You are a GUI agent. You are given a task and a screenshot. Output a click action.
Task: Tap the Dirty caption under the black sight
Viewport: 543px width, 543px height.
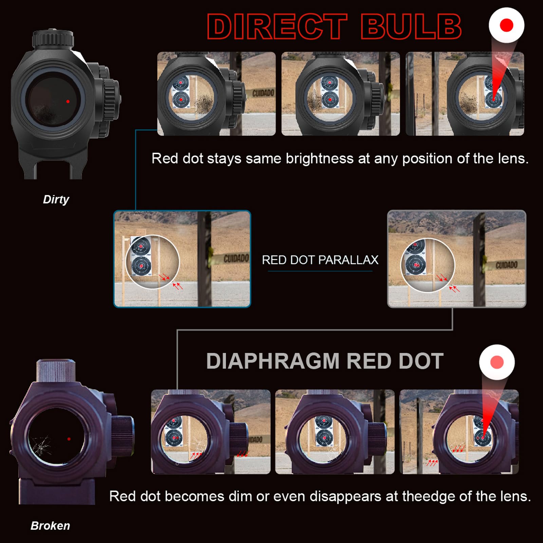[x=56, y=199]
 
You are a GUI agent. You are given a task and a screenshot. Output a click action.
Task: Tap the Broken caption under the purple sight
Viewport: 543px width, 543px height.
[x=50, y=526]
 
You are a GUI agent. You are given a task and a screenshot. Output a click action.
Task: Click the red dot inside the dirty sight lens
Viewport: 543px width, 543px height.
[x=68, y=101]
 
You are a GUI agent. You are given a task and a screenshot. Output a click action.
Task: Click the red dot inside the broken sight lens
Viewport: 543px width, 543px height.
[x=69, y=439]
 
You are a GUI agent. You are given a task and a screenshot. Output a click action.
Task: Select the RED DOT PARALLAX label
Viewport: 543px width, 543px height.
[x=320, y=260]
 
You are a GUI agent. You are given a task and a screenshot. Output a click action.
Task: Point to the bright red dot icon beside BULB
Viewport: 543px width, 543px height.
[x=506, y=25]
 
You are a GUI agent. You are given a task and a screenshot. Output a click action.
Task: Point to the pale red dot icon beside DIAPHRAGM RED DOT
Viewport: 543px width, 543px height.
[x=497, y=362]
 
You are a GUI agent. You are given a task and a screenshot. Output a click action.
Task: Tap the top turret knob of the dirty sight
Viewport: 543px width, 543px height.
[x=53, y=39]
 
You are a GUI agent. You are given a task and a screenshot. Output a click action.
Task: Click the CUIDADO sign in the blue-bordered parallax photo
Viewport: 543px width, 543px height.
[x=236, y=259]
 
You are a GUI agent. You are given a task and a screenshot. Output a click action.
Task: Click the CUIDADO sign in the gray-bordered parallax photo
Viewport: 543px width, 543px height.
[x=506, y=265]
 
